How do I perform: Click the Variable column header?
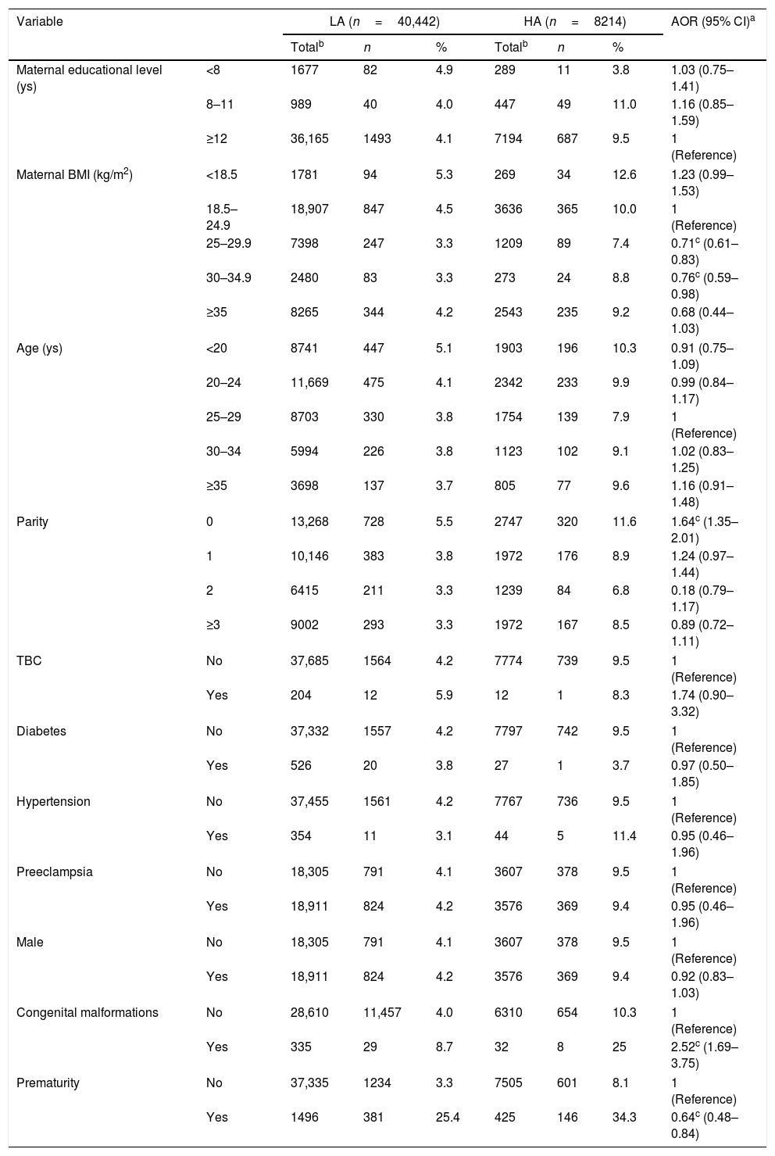click(x=40, y=22)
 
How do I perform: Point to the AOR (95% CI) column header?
click(x=715, y=22)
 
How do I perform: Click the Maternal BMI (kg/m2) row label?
click(x=74, y=175)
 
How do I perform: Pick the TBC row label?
click(x=29, y=660)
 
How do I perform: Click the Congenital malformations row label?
click(x=87, y=1012)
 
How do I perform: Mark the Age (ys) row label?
click(x=39, y=349)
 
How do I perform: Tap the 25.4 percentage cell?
click(x=448, y=1117)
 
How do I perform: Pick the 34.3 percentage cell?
click(x=624, y=1117)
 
